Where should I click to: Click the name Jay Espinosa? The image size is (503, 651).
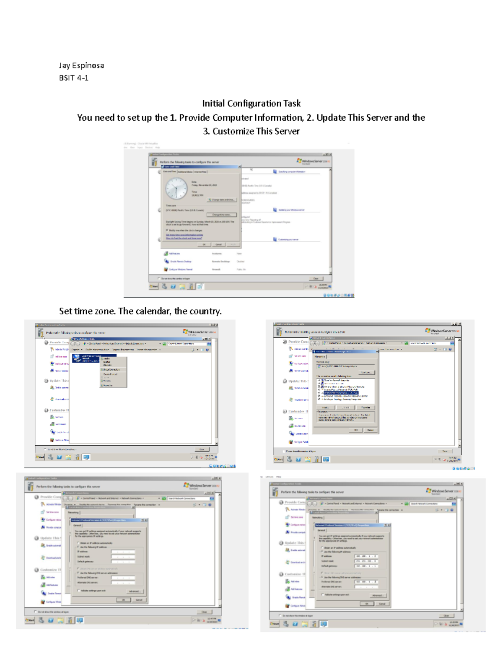tap(81, 65)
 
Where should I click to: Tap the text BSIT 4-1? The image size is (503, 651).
tap(74, 78)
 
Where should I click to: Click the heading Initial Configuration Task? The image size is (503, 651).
tap(251, 104)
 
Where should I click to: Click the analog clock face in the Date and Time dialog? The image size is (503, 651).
tap(176, 189)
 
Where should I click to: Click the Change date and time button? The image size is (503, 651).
tap(222, 200)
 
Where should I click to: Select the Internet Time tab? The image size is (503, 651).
tap(200, 171)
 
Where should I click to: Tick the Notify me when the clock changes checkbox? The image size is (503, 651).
tap(167, 230)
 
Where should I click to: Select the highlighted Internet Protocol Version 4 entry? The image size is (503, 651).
tap(340, 393)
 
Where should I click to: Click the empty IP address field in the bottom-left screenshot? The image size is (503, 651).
tap(123, 552)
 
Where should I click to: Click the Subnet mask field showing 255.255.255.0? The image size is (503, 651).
tap(366, 561)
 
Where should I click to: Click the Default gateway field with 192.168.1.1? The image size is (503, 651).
tap(366, 566)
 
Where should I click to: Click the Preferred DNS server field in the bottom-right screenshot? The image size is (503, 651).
tap(366, 582)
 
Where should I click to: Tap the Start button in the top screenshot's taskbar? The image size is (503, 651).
tap(154, 287)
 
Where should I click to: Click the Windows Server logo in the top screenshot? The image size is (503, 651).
tap(314, 161)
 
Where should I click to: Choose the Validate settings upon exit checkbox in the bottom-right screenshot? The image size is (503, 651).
tap(322, 594)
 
